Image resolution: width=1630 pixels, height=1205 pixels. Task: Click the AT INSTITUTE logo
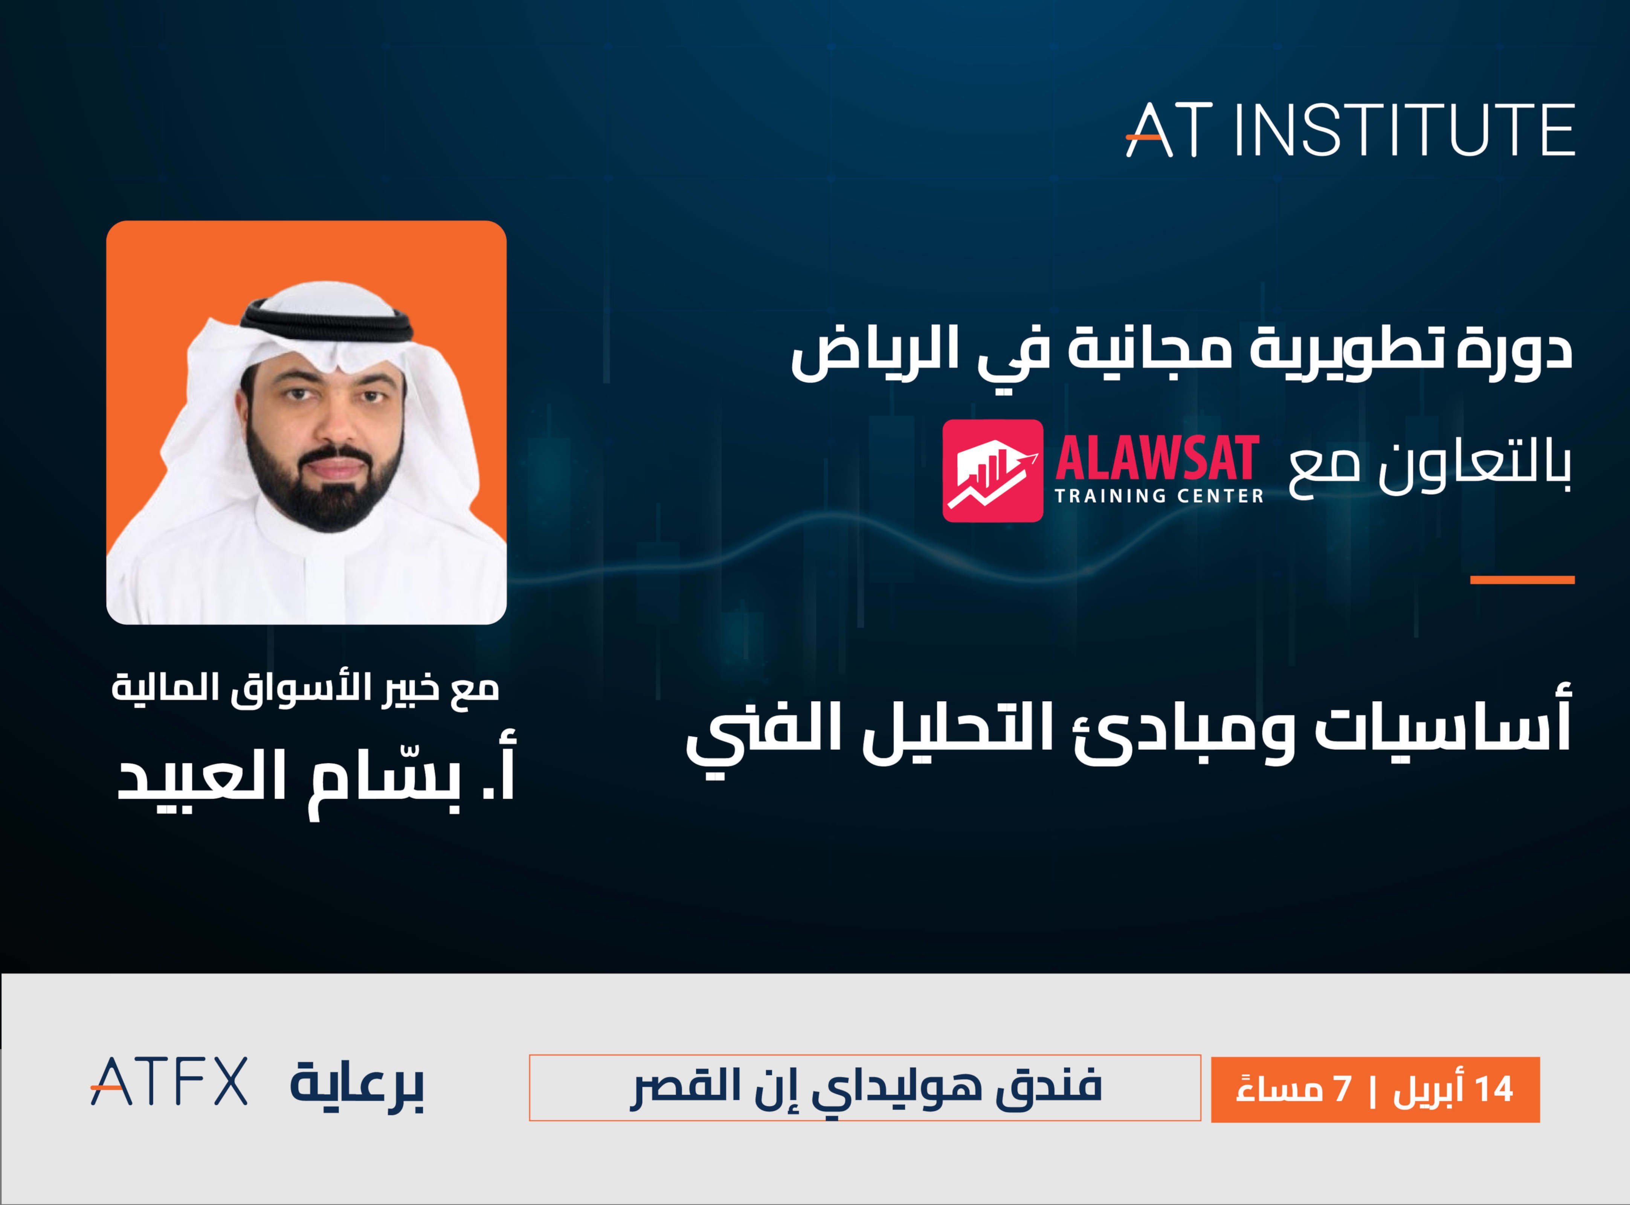pos(1349,130)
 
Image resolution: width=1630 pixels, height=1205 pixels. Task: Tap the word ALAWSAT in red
pos(1157,458)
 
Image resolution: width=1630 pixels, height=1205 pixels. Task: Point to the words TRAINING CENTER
pos(1159,496)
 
